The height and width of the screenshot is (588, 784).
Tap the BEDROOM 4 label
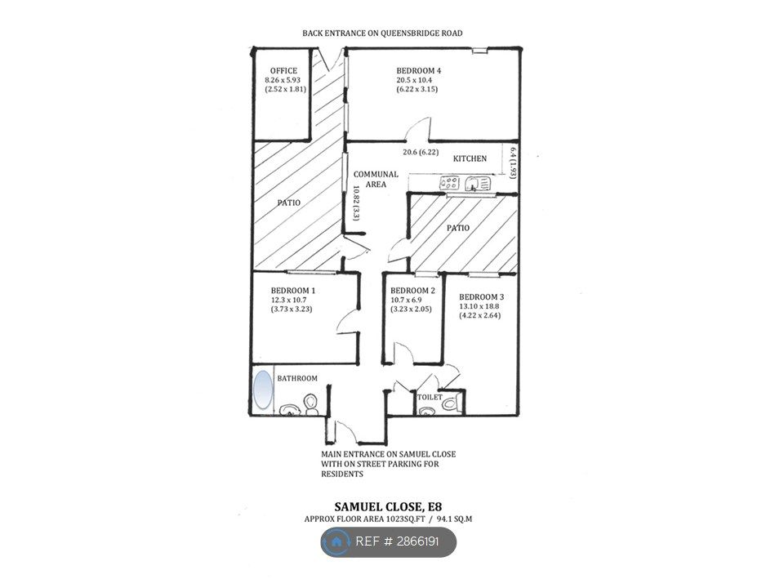point(419,69)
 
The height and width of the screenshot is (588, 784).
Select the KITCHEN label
point(470,158)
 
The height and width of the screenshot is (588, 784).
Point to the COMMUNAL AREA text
point(376,180)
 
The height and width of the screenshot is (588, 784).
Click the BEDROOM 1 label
point(293,291)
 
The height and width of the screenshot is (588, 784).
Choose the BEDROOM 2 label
point(412,291)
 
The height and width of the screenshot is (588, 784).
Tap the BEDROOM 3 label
point(482,296)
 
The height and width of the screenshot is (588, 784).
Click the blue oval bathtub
point(263,390)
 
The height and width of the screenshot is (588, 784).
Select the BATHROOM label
point(297,378)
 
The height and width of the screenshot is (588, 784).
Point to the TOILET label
point(430,398)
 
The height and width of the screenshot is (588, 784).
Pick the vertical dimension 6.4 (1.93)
point(513,163)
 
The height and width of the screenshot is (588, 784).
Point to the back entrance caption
point(383,33)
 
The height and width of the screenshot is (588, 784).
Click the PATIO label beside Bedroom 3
point(457,228)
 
